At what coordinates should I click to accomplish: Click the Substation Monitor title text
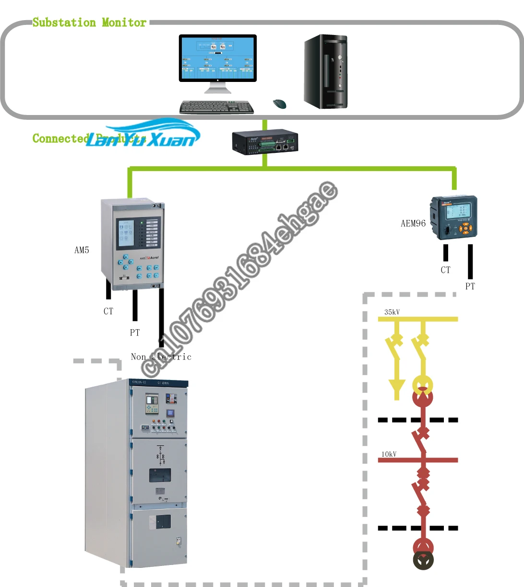click(89, 23)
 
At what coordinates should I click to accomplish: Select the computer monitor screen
click(217, 58)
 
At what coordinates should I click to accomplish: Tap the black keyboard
click(217, 107)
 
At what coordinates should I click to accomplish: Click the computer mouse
click(279, 104)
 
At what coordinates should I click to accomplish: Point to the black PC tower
click(326, 71)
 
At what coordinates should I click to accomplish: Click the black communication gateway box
click(265, 142)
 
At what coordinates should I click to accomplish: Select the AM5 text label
click(82, 250)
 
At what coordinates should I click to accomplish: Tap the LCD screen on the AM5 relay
click(126, 231)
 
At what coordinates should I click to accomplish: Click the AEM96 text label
click(413, 223)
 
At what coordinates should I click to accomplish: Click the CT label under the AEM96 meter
click(446, 270)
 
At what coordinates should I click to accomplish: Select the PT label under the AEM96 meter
click(470, 287)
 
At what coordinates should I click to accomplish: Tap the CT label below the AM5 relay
click(108, 311)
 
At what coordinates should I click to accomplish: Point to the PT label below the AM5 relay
click(135, 333)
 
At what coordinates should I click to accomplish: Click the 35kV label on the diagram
click(392, 312)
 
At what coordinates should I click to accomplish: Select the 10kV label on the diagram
click(389, 454)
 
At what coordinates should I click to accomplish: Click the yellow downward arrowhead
click(396, 387)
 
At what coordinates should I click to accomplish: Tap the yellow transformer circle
click(423, 384)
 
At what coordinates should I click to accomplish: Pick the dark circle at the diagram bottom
click(423, 560)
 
